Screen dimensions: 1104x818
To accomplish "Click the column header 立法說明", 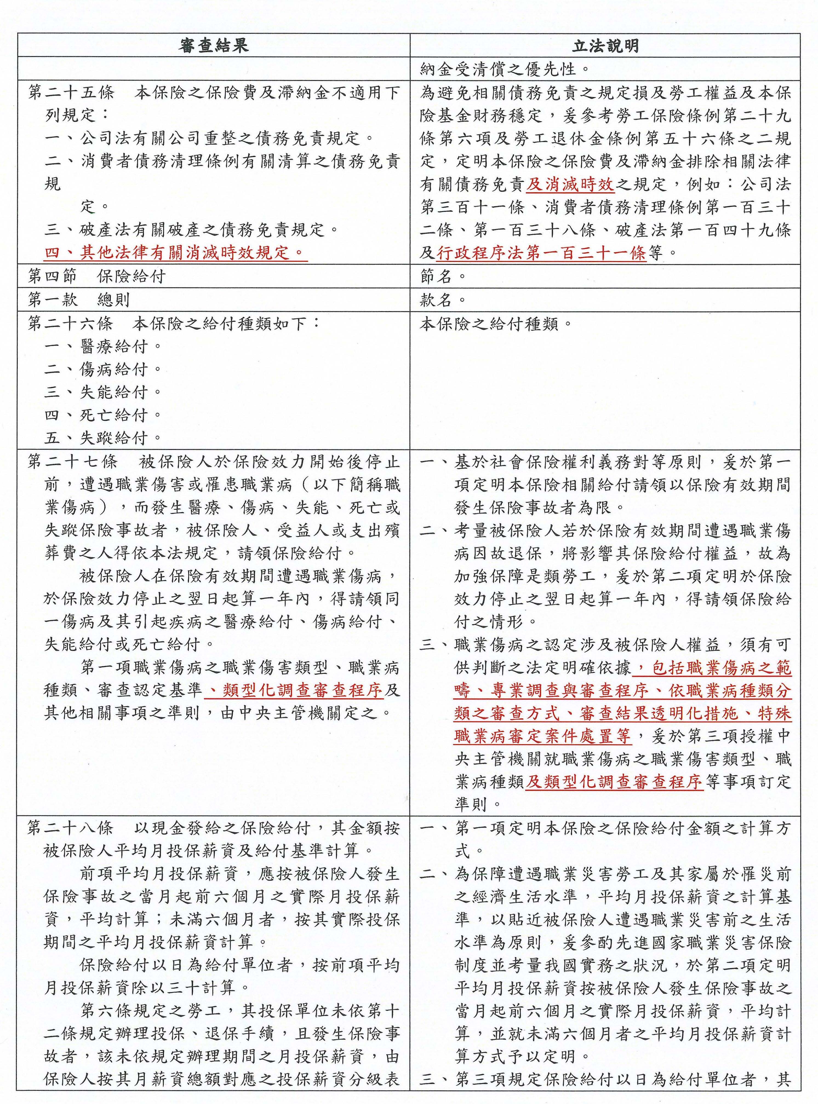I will coord(605,46).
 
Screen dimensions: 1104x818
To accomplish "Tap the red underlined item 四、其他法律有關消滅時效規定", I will coord(174,253).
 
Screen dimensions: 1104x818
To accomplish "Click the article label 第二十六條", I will coord(71,324).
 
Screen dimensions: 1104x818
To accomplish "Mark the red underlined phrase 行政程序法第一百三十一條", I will coord(542,253).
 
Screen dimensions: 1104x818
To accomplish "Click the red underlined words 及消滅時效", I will coord(570,185).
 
